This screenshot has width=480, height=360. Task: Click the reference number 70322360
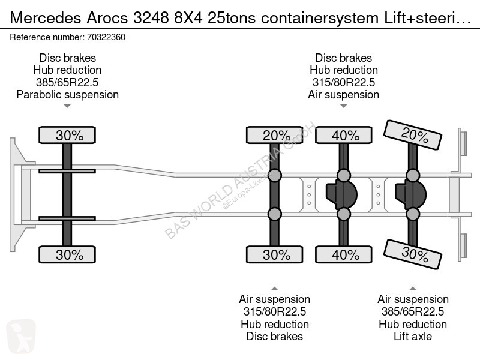[x=106, y=37]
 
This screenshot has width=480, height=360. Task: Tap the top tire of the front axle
[x=67, y=135]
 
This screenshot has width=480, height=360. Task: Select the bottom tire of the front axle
[x=67, y=254]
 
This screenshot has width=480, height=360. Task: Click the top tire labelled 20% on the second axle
[x=275, y=135]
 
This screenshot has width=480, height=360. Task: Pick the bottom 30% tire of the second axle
[x=275, y=254]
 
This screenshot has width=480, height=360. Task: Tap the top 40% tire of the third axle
[x=344, y=135]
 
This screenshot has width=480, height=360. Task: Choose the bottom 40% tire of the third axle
[x=344, y=254]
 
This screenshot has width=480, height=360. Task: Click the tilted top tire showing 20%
[x=413, y=135]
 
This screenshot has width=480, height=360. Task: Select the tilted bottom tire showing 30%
[x=413, y=254]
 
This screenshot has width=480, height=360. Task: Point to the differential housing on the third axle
[x=341, y=194]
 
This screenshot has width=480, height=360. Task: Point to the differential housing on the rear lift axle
[x=410, y=194]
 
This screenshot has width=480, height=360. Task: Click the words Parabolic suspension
[x=67, y=95]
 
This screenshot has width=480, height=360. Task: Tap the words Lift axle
[x=413, y=337]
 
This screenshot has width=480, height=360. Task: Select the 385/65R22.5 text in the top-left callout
[x=67, y=82]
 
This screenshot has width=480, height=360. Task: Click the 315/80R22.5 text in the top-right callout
[x=343, y=82]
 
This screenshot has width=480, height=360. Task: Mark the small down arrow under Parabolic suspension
[x=67, y=106]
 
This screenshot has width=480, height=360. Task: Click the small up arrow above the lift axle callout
[x=413, y=289]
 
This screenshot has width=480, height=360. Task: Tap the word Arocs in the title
[x=107, y=18]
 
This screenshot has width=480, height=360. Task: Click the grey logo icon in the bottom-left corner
[x=21, y=336]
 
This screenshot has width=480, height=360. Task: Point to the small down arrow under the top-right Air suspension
[x=343, y=106]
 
